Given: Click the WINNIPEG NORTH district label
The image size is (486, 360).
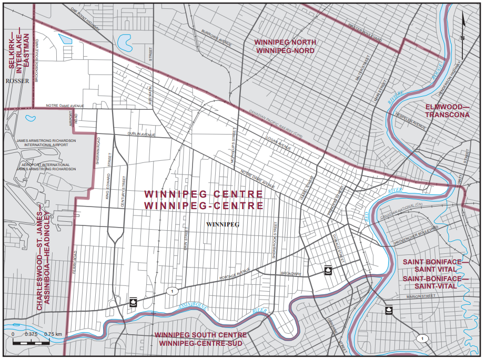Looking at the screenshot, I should pos(285,42).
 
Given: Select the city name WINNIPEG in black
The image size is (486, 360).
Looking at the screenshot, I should pos(223,224).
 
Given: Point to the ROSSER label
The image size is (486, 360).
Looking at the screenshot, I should pos(16,81).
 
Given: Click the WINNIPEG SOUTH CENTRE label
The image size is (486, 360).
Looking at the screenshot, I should pos(200,335).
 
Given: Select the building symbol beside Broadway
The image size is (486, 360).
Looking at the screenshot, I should pos(328,270).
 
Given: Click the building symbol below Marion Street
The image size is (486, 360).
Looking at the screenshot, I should pos(388,310).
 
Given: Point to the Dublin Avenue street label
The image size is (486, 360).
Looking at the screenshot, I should pos(141,135).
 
